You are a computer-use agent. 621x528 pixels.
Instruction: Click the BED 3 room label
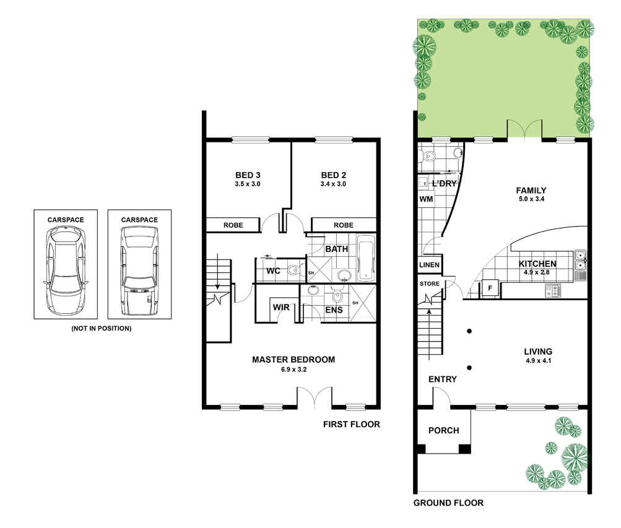[x=248, y=175]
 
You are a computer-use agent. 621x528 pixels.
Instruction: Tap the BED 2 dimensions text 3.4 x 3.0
[x=333, y=184]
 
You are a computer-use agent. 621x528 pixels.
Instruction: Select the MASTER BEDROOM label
[x=293, y=360]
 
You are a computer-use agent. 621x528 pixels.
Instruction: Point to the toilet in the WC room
[x=294, y=270]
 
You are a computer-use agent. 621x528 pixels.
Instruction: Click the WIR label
[x=281, y=308]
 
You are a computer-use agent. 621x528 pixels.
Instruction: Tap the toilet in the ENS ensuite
[x=337, y=294]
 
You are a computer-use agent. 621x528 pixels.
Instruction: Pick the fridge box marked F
[x=490, y=288]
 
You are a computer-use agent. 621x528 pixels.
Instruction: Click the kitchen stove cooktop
[x=553, y=291]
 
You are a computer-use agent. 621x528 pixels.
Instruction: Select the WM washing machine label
[x=426, y=199]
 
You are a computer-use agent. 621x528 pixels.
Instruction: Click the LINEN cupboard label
[x=429, y=265]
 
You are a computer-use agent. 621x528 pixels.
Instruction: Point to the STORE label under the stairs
[x=430, y=283]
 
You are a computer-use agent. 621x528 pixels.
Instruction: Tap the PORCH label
[x=443, y=430]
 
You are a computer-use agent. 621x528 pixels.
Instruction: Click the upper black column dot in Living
[x=469, y=331]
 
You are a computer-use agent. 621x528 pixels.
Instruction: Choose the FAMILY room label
[x=531, y=191]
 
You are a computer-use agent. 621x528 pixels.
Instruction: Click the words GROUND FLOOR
[x=448, y=503]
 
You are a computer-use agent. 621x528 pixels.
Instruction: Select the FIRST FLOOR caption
[x=351, y=424]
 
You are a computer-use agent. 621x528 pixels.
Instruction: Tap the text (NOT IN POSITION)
[x=102, y=329]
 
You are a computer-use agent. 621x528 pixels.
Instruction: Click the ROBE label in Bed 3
[x=233, y=225]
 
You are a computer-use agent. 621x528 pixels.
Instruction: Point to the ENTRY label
[x=443, y=379]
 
